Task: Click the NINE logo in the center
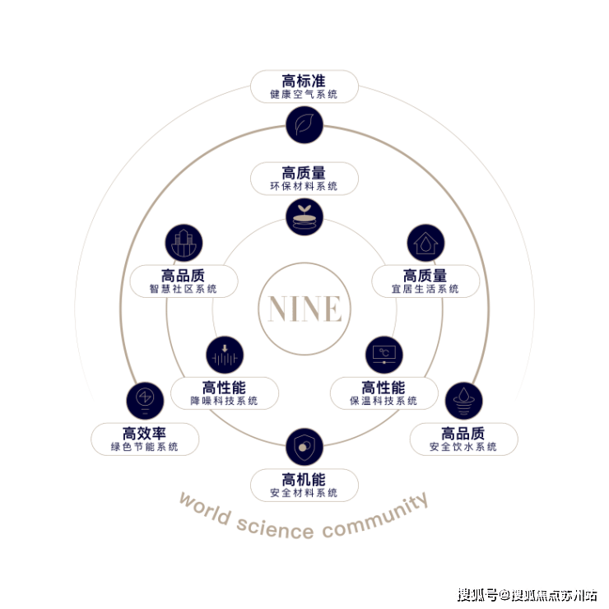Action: pos(304,309)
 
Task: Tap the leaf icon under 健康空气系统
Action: pos(304,124)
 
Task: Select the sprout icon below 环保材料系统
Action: pos(304,216)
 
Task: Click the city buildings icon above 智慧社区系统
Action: pos(184,243)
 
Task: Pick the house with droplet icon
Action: pos(425,243)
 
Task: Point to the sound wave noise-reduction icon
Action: pos(225,355)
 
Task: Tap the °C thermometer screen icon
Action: pos(384,355)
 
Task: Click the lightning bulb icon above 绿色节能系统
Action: pos(145,401)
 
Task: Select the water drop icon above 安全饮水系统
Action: pos(463,401)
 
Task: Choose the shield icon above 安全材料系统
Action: pos(304,447)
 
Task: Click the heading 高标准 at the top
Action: pos(304,81)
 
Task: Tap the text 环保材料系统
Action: pos(304,186)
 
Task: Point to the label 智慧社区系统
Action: pos(183,289)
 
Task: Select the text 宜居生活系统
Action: pos(425,289)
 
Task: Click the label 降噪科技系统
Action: pos(224,401)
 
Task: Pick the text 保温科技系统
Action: pos(384,401)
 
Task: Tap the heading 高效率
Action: pos(144,434)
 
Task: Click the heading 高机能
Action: pos(304,479)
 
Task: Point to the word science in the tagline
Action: pos(275,528)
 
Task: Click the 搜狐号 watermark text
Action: pos(477,595)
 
